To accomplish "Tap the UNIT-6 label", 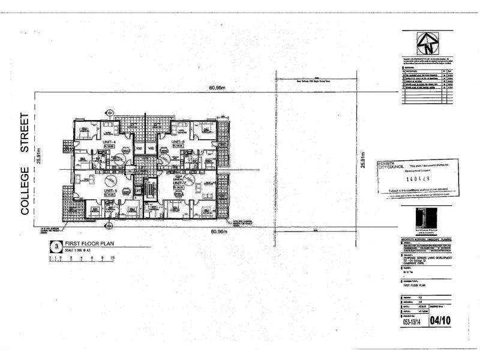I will [x=178, y=142].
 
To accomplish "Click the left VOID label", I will [x=138, y=148].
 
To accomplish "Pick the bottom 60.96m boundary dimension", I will [x=218, y=231].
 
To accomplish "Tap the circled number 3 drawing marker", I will [x=56, y=246].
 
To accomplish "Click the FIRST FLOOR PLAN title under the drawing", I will [x=89, y=244].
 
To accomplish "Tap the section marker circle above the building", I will [x=109, y=113].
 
